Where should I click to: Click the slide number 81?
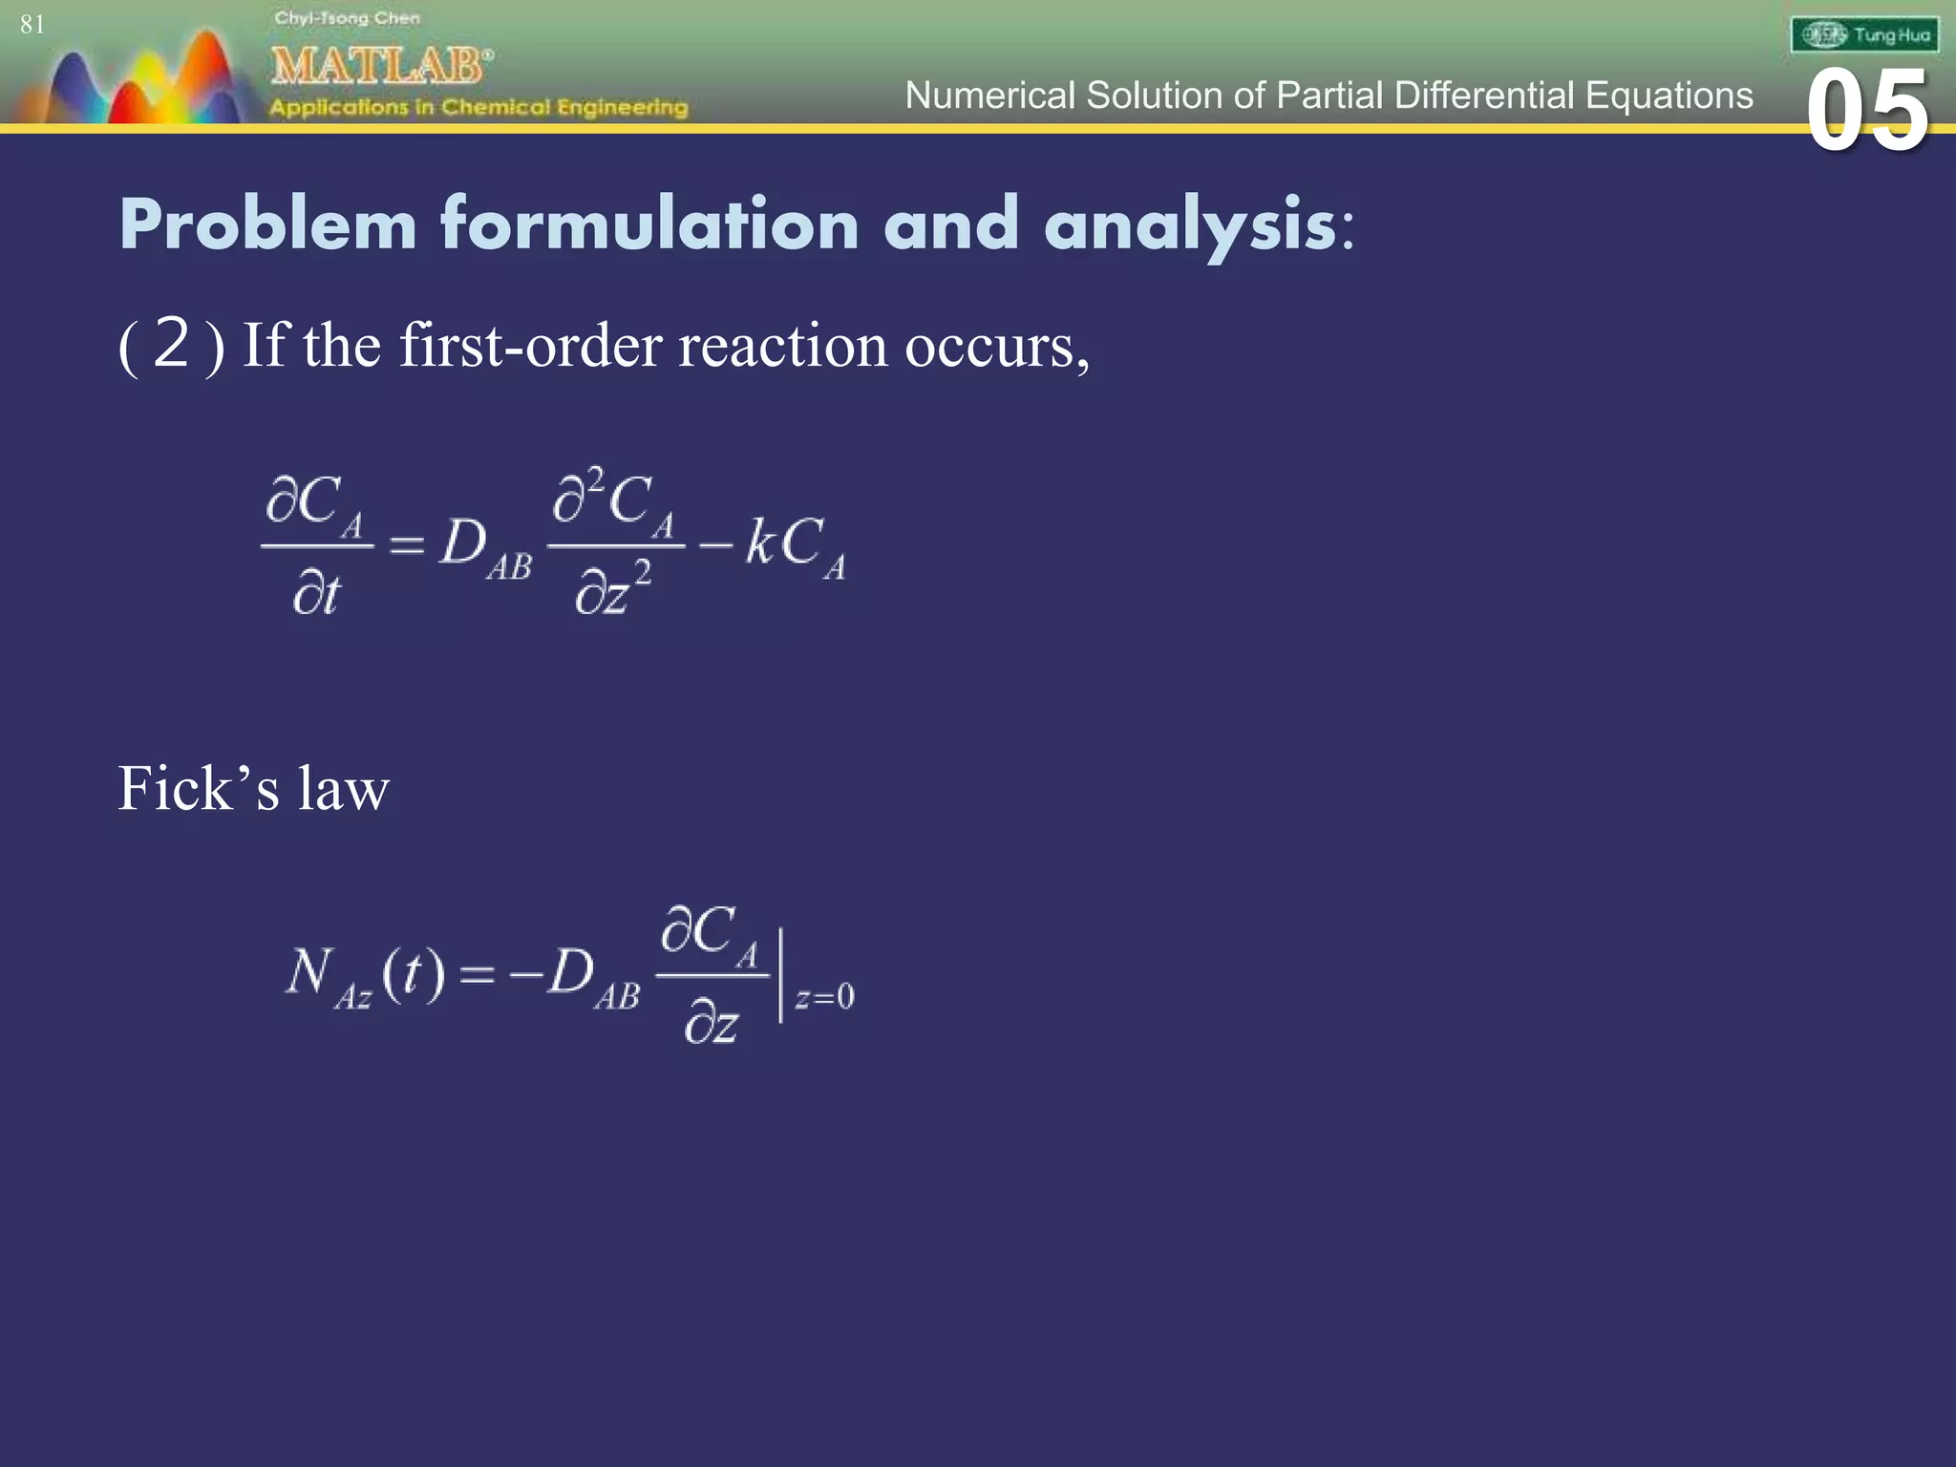pyautogui.click(x=32, y=24)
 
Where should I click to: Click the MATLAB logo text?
pyautogui.click(x=380, y=67)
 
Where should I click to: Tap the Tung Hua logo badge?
pyautogui.click(x=1864, y=35)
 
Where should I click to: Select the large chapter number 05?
pyautogui.click(x=1867, y=113)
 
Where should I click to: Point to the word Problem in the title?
pyautogui.click(x=268, y=224)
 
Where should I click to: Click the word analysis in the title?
pyautogui.click(x=1190, y=224)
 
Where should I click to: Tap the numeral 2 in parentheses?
pyautogui.click(x=171, y=343)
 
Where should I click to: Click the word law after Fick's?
pyautogui.click(x=343, y=789)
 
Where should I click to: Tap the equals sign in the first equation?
pyautogui.click(x=406, y=545)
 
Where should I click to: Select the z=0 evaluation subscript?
pyautogui.click(x=825, y=997)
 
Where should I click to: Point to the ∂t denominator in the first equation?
pyautogui.click(x=316, y=594)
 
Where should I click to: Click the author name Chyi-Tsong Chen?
pyautogui.click(x=347, y=18)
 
